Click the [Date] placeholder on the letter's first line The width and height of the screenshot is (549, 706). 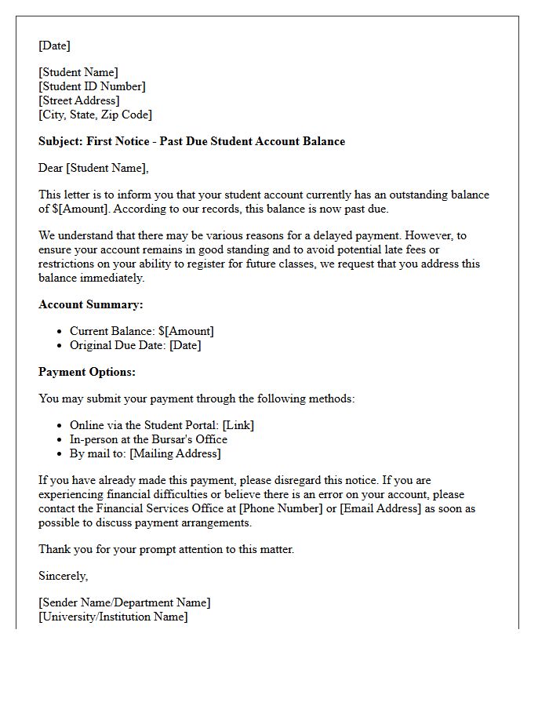click(x=54, y=45)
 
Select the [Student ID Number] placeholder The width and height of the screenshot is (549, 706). click(x=92, y=86)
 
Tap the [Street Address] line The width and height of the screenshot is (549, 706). click(x=78, y=100)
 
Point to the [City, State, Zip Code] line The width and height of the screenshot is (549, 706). click(x=95, y=115)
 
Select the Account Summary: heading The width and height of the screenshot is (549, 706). click(x=91, y=304)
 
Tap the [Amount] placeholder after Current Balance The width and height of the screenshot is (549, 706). click(x=189, y=331)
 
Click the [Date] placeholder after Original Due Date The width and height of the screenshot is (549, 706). click(x=185, y=345)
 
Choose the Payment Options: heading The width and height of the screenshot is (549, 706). click(x=87, y=372)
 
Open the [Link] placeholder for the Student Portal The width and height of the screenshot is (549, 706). click(x=238, y=425)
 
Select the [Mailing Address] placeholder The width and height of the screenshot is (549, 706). click(x=175, y=453)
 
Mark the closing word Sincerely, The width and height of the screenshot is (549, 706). click(x=64, y=576)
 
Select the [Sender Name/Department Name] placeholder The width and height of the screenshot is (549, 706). click(x=124, y=602)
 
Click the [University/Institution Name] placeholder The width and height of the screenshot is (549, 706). click(x=113, y=617)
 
